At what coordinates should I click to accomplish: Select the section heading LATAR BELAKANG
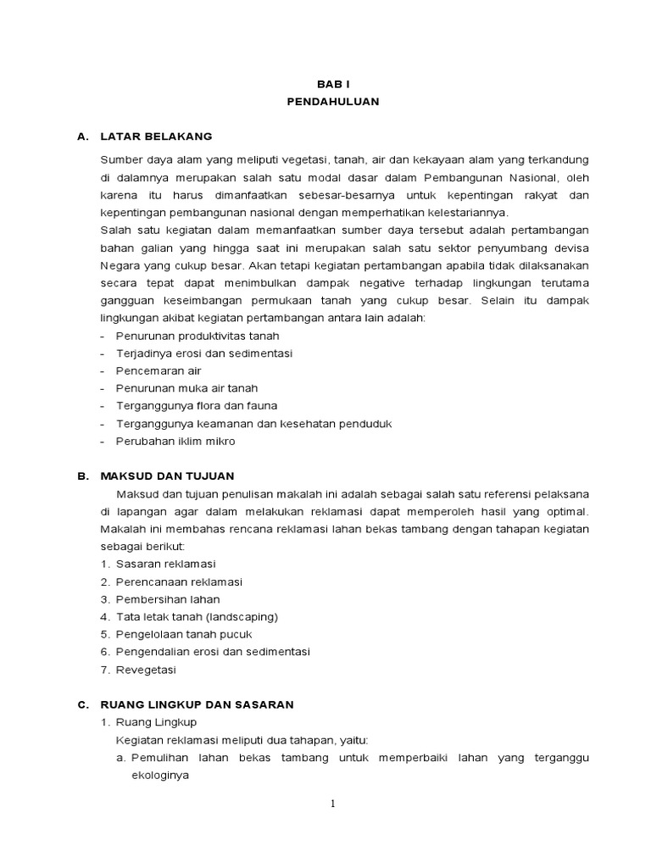[x=156, y=136]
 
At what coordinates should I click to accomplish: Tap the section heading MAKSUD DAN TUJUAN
[x=167, y=476]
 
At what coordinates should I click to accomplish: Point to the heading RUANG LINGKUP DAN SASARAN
[x=197, y=704]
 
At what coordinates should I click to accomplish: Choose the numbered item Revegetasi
[x=147, y=670]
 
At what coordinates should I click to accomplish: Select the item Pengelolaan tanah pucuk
[x=184, y=634]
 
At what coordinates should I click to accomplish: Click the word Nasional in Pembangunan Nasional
[x=531, y=177]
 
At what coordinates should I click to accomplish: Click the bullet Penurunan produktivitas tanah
[x=192, y=336]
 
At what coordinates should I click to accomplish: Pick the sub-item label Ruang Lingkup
[x=156, y=722]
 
